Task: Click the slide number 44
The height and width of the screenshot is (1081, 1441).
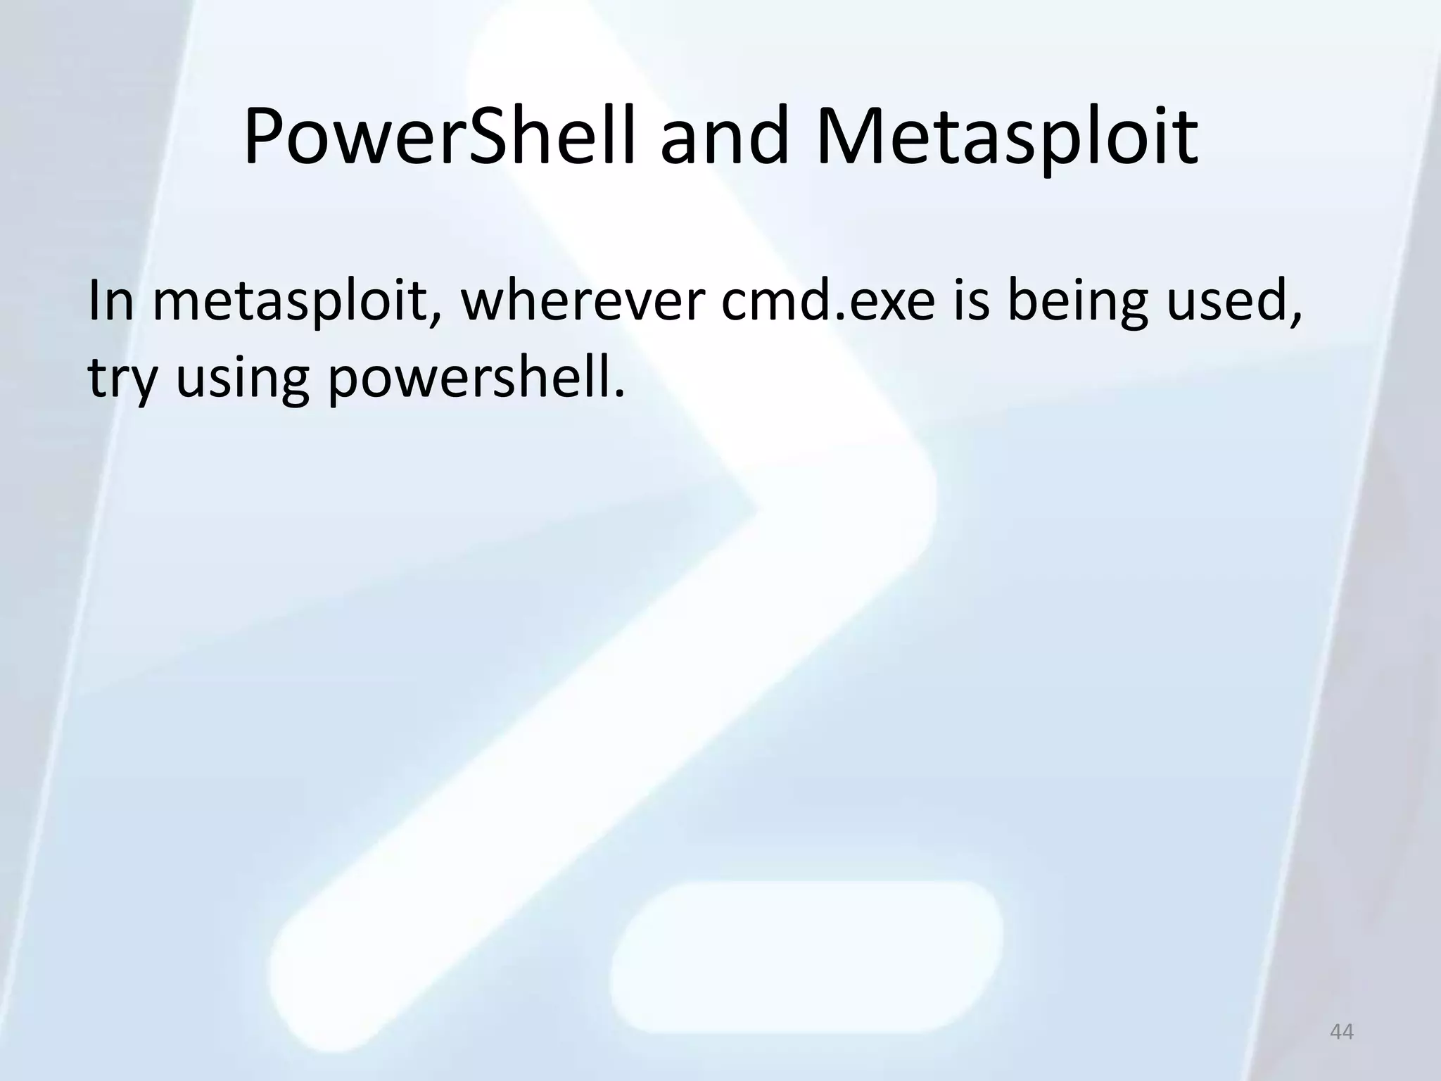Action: (1341, 1032)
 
